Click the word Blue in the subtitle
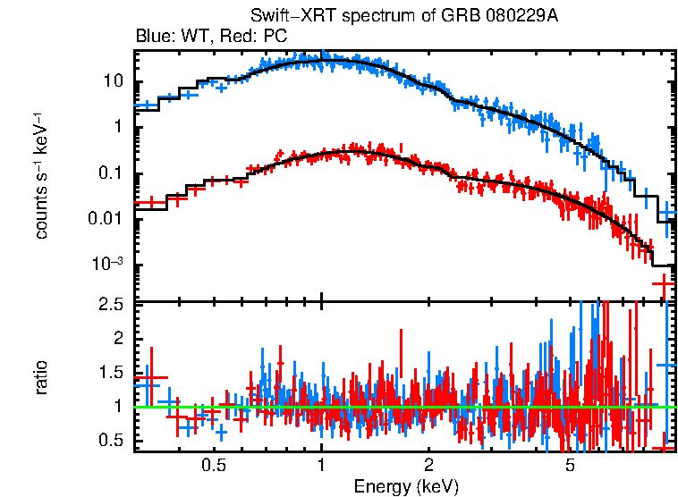click(x=152, y=37)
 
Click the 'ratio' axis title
click(x=41, y=377)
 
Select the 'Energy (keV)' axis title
click(x=406, y=486)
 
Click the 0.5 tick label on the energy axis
click(x=213, y=466)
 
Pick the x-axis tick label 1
click(x=321, y=466)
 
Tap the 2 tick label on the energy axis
click(x=429, y=466)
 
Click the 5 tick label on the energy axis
click(x=571, y=466)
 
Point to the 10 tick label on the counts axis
click(x=113, y=81)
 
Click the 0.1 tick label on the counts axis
click(x=111, y=173)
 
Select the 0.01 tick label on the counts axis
click(x=106, y=219)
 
